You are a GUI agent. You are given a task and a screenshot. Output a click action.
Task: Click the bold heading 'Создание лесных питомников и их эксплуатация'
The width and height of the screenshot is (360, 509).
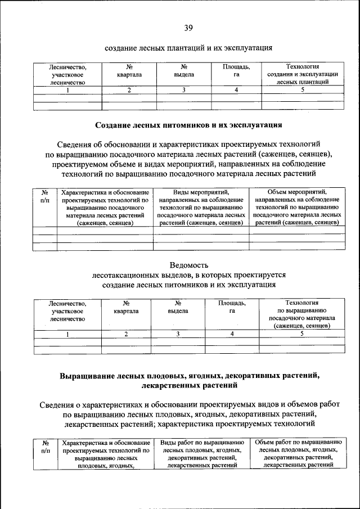188,124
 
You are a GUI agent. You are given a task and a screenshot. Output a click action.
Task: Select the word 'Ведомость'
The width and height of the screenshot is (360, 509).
188,264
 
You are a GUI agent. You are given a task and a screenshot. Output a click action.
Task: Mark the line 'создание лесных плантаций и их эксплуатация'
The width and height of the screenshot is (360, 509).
188,48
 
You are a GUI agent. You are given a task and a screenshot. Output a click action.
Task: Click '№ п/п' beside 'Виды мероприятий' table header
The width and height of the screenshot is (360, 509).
45,196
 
